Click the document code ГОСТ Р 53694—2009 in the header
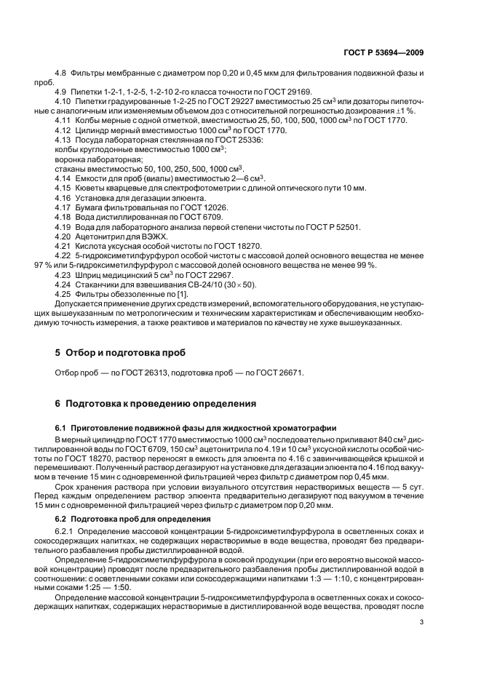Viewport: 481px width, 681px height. tap(383, 53)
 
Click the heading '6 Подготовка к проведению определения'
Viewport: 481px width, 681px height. tap(148, 402)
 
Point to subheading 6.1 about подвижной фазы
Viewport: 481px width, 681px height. tap(196, 428)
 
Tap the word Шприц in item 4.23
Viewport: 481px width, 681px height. tap(87, 276)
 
